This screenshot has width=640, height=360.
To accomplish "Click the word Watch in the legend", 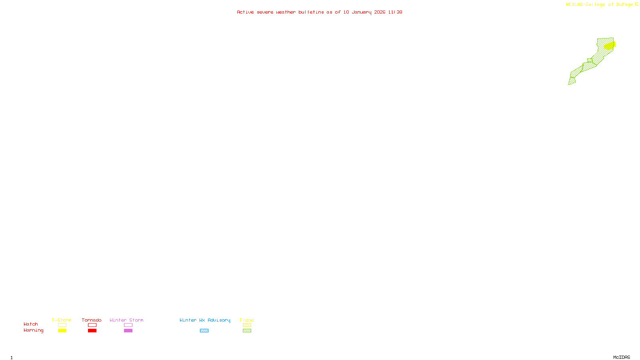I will point(31,324).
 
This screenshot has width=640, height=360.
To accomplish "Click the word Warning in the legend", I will point(33,330).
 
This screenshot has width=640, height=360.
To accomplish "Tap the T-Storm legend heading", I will point(62,320).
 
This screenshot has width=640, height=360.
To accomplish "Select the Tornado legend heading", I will point(92,320).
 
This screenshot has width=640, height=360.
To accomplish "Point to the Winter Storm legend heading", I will point(126,320).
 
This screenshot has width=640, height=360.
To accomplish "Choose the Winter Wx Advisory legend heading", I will point(205,320).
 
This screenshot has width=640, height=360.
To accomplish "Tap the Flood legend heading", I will point(247,320).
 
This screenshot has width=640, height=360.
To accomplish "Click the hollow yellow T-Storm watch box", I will point(62,325).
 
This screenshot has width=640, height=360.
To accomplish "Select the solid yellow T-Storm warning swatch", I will point(62,331).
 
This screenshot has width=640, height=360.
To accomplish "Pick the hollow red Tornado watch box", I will point(92,325).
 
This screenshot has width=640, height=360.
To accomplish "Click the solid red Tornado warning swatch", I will point(92,331).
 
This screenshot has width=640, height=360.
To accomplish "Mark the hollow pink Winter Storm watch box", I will point(128,325).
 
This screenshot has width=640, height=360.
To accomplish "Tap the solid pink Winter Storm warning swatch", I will point(128,331).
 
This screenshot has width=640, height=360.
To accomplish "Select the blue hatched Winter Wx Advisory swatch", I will point(204,331).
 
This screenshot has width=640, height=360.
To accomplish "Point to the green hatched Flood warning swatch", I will point(247,331).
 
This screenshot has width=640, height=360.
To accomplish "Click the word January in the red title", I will point(362,12).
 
